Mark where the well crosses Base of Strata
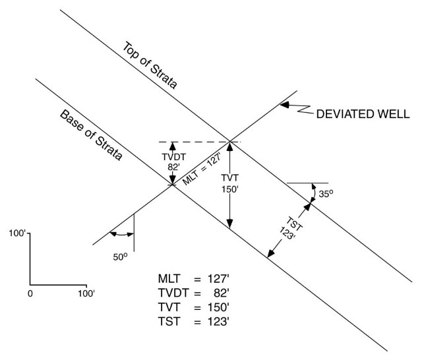click(x=173, y=184)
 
